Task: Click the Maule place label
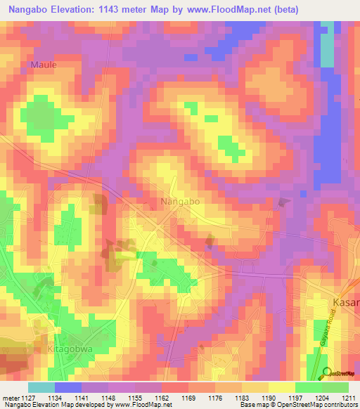pyautogui.click(x=43, y=64)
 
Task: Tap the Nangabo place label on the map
pyautogui.click(x=180, y=201)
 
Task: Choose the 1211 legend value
pyautogui.click(x=348, y=398)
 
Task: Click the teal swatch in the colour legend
pyautogui.click(x=41, y=387)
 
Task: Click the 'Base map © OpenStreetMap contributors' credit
pyautogui.click(x=297, y=405)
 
